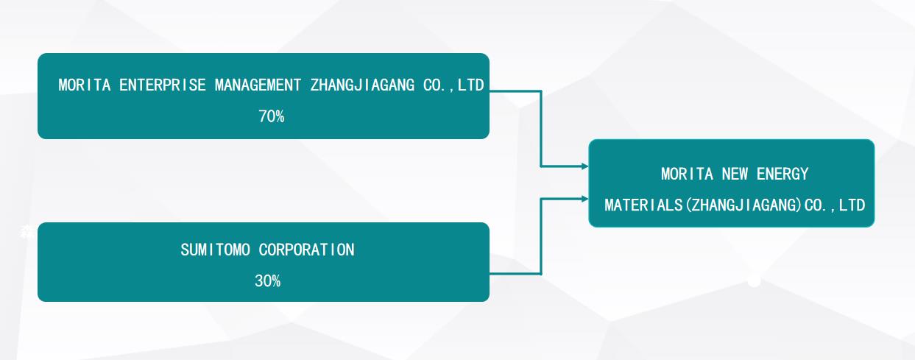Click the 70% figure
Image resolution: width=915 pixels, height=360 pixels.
tap(271, 116)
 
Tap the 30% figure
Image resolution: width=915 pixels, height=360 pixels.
tap(267, 281)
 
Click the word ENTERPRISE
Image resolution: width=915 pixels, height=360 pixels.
tap(163, 85)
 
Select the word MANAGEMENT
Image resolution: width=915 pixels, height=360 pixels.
tap(258, 85)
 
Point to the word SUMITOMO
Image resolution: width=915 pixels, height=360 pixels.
tap(215, 250)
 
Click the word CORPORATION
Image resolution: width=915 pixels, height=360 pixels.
tap(307, 250)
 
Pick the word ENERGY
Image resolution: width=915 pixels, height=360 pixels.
tap(782, 174)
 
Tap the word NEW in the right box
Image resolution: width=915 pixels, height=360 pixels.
tap(735, 174)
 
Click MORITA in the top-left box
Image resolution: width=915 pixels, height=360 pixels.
tap(85, 85)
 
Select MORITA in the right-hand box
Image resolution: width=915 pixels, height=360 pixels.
tap(687, 174)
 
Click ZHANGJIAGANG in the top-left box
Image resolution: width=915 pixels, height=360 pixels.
tap(362, 85)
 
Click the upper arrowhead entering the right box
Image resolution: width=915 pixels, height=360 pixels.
tap(585, 166)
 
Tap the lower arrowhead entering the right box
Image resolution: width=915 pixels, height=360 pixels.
tap(585, 199)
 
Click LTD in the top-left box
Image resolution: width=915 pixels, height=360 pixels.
tap(471, 85)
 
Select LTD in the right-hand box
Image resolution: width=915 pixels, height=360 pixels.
tap(852, 205)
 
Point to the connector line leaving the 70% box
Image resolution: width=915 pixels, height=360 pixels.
tap(541, 123)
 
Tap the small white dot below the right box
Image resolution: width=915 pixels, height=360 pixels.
tap(754, 281)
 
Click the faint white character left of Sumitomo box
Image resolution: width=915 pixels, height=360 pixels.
tap(27, 232)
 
